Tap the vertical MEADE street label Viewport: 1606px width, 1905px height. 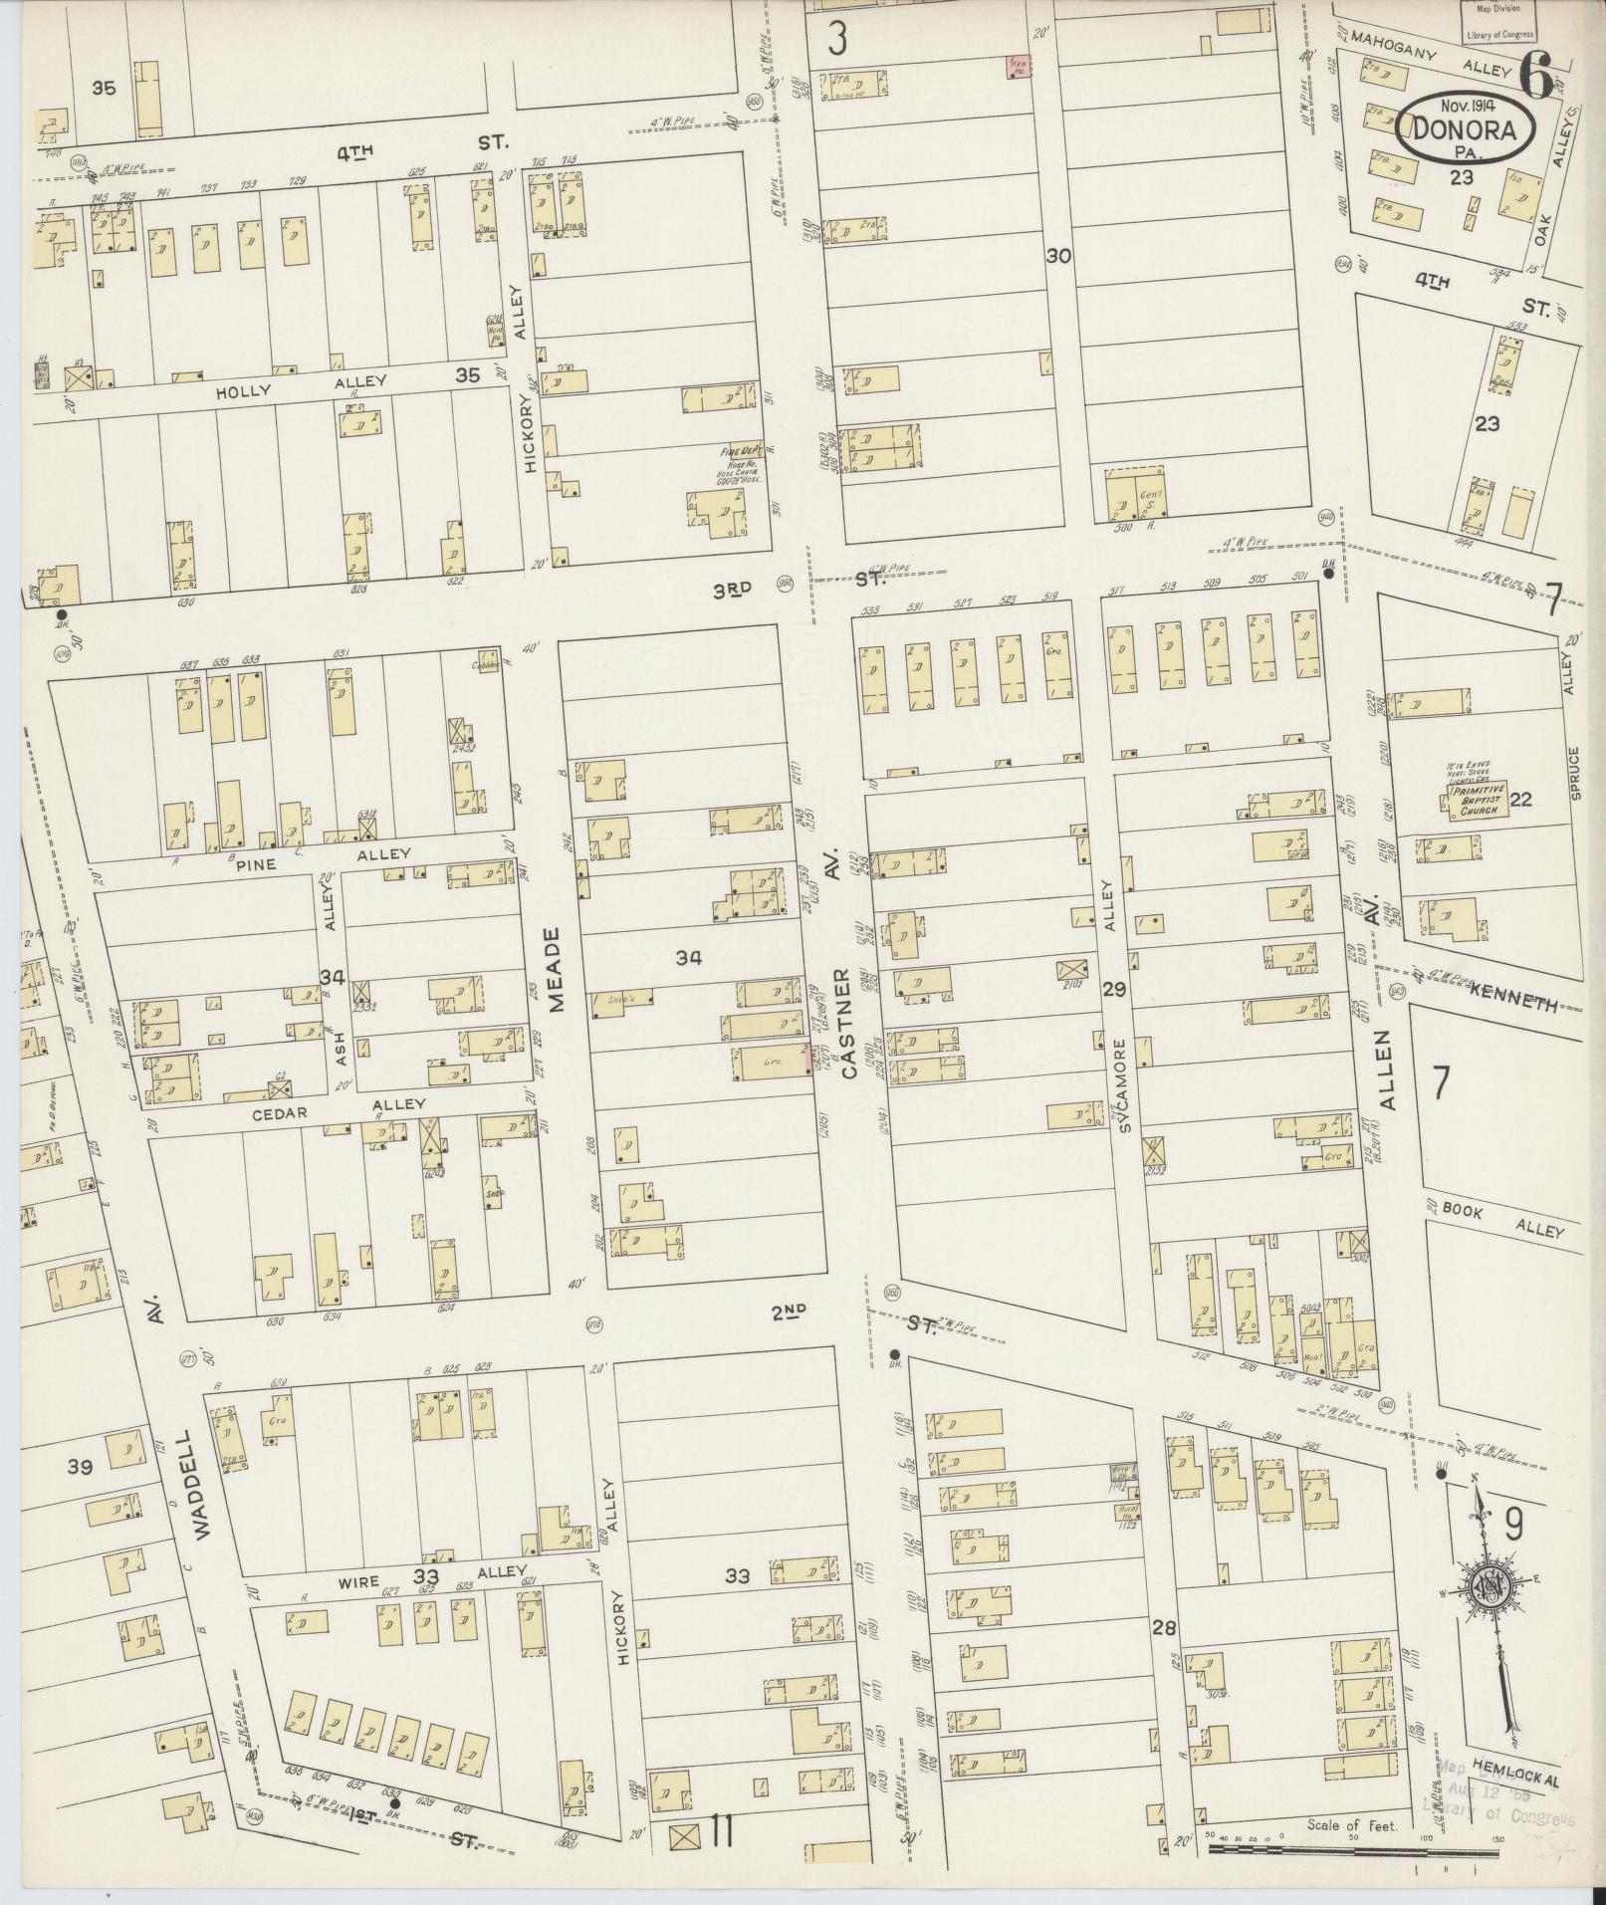click(554, 969)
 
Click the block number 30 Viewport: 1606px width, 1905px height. click(1057, 256)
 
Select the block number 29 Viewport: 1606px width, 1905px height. click(1114, 989)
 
